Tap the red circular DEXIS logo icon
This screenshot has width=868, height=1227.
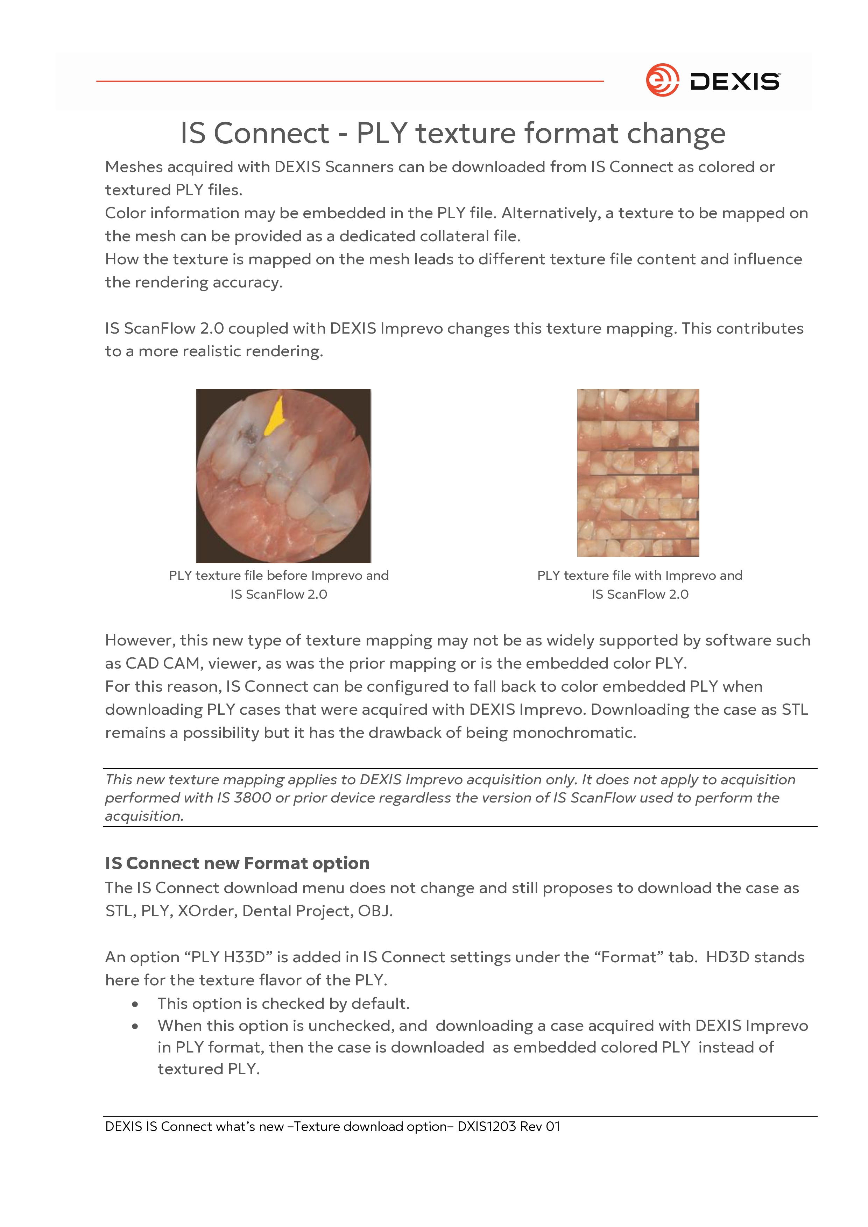[x=662, y=80]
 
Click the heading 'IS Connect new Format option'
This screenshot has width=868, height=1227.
[x=238, y=863]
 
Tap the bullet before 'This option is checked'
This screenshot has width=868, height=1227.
[x=135, y=1005]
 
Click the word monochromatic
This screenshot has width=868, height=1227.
[x=574, y=732]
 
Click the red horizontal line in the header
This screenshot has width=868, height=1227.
[x=350, y=81]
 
